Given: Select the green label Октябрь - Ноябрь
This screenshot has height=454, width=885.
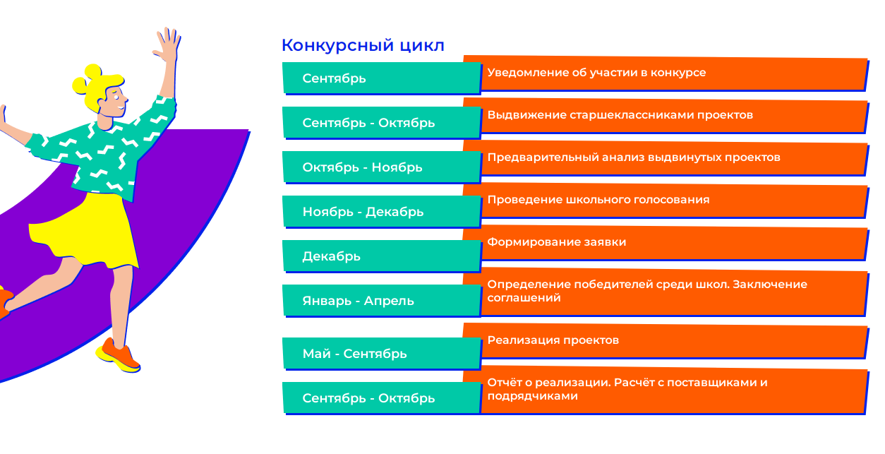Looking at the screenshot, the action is click(362, 167).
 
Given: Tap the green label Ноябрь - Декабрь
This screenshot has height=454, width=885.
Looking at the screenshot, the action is click(363, 212).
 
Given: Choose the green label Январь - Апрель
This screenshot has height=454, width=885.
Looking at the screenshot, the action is click(358, 301).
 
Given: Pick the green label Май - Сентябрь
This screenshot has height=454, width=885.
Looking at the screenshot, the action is click(354, 354).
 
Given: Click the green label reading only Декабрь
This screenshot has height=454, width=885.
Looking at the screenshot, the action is click(331, 256).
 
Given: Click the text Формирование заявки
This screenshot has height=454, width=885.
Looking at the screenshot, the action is click(556, 241).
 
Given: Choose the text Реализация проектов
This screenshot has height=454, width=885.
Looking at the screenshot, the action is click(553, 340).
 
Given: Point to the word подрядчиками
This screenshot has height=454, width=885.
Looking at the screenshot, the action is click(532, 396).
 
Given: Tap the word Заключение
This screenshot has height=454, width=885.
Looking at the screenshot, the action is click(770, 285).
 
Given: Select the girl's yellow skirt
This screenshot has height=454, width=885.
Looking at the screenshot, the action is click(85, 231).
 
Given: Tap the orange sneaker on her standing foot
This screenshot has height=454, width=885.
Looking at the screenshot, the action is click(119, 356).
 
